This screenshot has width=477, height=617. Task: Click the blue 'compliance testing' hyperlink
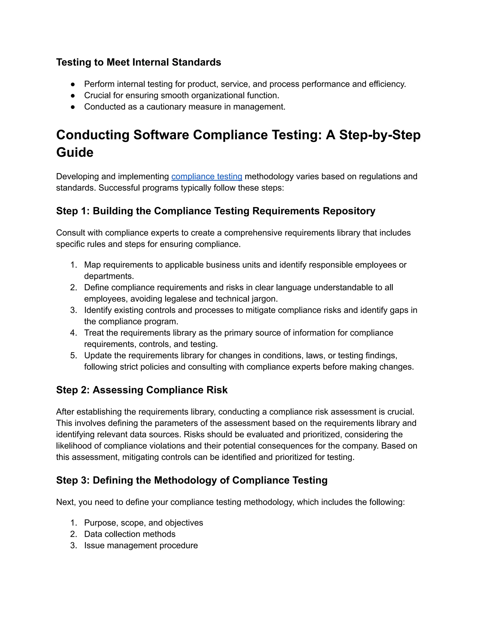[207, 176]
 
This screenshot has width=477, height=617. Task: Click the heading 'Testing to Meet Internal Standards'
[139, 62]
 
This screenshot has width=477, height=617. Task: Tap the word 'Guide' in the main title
[75, 152]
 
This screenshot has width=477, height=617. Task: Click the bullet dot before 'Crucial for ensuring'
[73, 95]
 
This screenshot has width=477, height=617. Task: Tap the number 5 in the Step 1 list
[73, 355]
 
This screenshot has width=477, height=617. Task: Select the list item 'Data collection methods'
[129, 534]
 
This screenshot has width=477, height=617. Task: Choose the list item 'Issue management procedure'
[141, 545]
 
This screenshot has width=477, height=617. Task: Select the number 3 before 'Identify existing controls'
[73, 310]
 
